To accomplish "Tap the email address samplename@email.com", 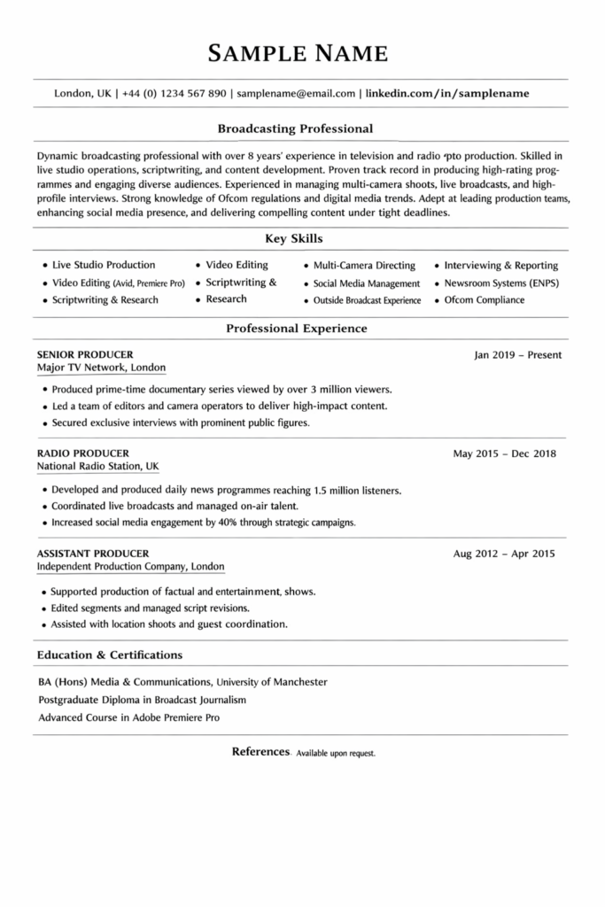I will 297,92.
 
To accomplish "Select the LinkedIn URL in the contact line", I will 447,92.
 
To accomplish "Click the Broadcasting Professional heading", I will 295,128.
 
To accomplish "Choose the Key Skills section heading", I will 294,238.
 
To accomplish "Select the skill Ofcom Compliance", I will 484,300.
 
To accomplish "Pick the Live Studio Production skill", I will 104,265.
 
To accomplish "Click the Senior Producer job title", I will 80,354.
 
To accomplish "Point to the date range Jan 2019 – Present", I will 517,355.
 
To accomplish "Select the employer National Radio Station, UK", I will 98,466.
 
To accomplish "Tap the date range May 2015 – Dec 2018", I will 504,453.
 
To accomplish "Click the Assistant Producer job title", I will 93,554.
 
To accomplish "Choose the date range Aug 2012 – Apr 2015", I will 503,554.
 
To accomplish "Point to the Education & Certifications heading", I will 110,655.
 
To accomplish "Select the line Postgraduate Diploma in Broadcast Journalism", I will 142,700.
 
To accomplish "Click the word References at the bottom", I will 260,751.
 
